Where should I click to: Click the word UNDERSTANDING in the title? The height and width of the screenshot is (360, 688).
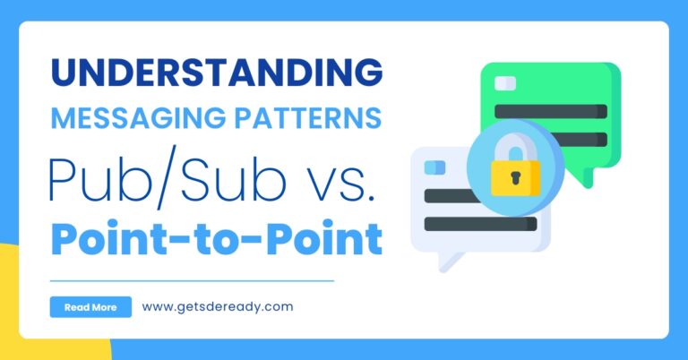[217, 72]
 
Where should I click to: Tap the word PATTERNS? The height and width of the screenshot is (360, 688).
[307, 118]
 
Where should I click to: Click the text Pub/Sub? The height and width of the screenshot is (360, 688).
[168, 177]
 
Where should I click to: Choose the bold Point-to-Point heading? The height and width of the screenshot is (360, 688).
[217, 238]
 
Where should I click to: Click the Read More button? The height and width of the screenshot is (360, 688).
[90, 307]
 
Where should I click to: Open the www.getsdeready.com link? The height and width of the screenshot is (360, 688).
[218, 307]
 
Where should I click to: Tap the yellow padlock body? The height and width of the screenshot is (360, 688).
[516, 177]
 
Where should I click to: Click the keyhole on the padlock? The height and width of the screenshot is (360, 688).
[515, 177]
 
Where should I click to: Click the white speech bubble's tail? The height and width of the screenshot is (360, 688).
[449, 261]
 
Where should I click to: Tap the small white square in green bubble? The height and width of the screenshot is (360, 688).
[505, 83]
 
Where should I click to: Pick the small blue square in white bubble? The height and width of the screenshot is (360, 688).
[434, 167]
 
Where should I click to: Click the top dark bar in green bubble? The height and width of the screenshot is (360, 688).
[551, 111]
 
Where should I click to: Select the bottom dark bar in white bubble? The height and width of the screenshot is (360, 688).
[480, 224]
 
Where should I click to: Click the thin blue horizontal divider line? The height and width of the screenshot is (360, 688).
[193, 280]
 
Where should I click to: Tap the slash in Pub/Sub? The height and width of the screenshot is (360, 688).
[167, 177]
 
